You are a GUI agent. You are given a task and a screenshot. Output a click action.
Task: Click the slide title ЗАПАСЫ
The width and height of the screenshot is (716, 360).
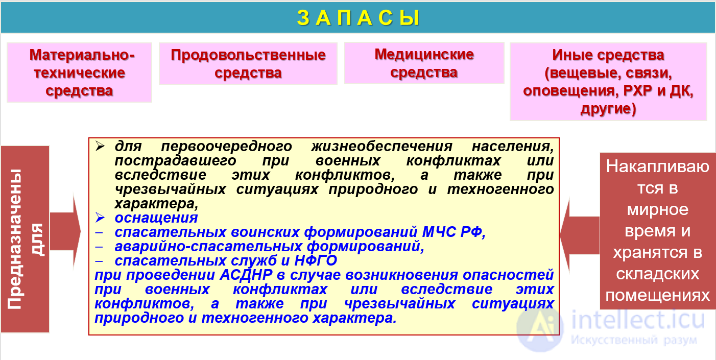357,18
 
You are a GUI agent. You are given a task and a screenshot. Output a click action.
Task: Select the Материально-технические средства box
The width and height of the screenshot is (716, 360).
79,73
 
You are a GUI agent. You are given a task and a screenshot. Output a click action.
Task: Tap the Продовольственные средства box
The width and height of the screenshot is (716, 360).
248,63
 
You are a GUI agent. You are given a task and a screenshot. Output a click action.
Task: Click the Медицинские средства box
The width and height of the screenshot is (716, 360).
424,63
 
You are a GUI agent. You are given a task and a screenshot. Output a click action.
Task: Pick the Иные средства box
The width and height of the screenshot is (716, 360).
608,82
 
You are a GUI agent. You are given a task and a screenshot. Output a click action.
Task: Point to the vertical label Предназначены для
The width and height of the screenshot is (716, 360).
26,239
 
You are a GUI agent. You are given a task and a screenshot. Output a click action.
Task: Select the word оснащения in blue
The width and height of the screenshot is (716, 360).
156,218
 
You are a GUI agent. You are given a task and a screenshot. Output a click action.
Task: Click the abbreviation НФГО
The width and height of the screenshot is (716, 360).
316,261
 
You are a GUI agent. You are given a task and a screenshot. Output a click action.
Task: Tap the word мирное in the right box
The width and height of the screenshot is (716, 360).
657,210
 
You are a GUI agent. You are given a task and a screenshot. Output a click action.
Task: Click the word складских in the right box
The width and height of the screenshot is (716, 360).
657,274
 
